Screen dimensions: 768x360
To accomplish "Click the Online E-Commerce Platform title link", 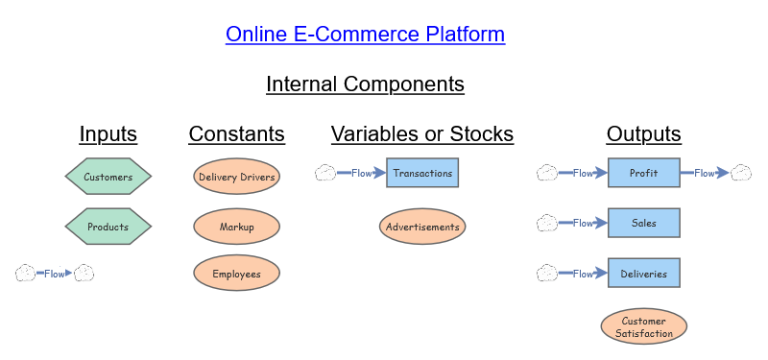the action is [365, 35].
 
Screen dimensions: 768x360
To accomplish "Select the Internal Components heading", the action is [365, 84].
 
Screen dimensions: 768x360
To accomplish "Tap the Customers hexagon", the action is [108, 177].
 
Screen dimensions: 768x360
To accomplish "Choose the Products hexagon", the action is [108, 227].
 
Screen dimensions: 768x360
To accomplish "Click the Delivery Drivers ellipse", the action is [236, 177].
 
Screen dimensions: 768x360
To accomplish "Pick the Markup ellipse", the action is [236, 227].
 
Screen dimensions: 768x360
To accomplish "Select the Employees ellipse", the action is [236, 273].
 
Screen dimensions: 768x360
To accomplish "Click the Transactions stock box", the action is [422, 173].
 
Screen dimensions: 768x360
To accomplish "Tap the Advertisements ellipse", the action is [422, 227].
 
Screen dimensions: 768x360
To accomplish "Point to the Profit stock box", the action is [643, 173].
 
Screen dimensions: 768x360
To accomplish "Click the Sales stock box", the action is [643, 223].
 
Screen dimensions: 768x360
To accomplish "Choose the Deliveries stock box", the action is [643, 273].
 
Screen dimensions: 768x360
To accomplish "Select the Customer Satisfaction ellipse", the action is [643, 326].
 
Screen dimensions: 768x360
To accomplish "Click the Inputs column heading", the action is [108, 133].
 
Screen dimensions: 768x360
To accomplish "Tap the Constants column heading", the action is [236, 133].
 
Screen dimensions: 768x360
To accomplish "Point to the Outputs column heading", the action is [643, 133].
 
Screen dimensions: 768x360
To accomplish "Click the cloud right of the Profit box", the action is [741, 173].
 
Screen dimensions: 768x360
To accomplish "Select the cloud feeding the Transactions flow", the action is [325, 173].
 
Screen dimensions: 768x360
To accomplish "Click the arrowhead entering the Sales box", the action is [601, 223].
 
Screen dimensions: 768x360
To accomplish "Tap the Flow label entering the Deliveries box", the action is [583, 274].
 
